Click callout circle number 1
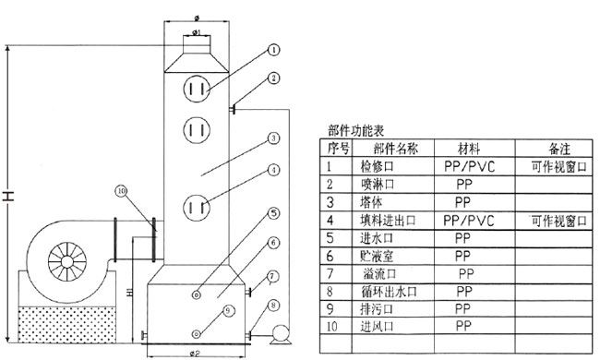(x=273, y=50)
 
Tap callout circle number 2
(x=273, y=78)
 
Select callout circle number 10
(x=122, y=191)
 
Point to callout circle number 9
(x=228, y=311)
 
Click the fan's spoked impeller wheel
(x=67, y=261)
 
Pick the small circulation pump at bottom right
(x=281, y=334)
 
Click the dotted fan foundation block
(x=67, y=324)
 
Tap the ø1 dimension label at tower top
(x=197, y=32)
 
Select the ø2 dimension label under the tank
(x=195, y=354)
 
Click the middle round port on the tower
(x=197, y=130)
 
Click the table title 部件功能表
(x=356, y=131)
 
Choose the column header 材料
(x=469, y=149)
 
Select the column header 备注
(x=559, y=149)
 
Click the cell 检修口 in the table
(x=377, y=166)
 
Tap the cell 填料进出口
(x=388, y=221)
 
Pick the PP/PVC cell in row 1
(x=470, y=166)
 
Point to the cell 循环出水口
(x=389, y=292)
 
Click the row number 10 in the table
(x=332, y=327)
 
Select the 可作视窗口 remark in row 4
(x=559, y=221)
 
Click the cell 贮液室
(x=377, y=256)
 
